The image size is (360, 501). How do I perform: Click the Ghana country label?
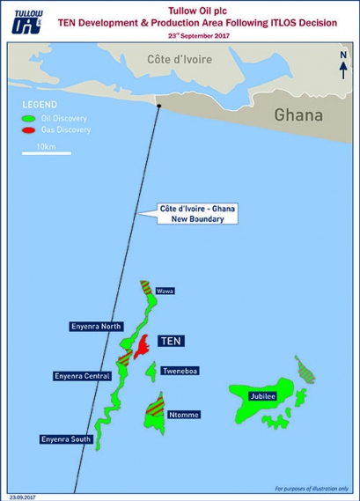click(x=298, y=115)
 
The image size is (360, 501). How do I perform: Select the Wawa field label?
click(x=165, y=290)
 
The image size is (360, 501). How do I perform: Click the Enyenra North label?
click(x=96, y=326)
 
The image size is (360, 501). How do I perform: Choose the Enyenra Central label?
click(x=81, y=376)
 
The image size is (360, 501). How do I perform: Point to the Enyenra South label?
click(x=64, y=438)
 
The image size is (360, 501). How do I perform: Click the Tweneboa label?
click(x=179, y=371)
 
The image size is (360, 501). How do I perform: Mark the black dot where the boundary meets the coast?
click(x=158, y=106)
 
